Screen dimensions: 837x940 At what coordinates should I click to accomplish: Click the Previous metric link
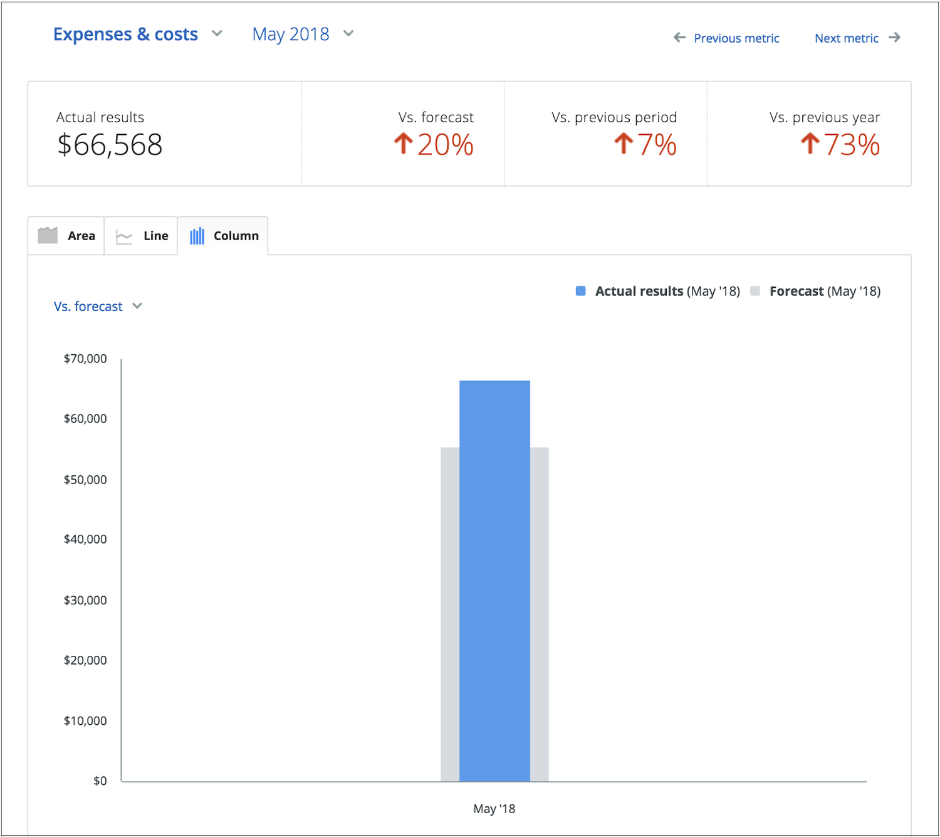736,38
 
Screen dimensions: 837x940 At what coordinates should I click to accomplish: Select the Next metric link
847,38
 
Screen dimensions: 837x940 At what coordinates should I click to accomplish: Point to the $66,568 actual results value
110,145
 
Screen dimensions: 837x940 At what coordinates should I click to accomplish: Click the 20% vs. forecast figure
445,145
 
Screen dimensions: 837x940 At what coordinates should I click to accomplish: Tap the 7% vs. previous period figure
657,145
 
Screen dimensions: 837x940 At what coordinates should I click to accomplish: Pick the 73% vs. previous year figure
852,145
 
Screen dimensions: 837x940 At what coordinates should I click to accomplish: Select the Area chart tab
66,236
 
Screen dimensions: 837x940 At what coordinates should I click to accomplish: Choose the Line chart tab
142,236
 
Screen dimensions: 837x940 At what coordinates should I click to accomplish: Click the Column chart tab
224,236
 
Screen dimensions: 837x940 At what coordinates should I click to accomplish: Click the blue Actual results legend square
580,291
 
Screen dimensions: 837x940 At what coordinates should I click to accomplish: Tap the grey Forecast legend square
755,291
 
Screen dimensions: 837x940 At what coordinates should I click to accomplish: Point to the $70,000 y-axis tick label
85,359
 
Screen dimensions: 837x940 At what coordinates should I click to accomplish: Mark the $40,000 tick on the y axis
85,539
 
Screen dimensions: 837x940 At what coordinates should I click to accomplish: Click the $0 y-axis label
100,781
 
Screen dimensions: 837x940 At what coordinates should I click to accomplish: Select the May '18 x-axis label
494,809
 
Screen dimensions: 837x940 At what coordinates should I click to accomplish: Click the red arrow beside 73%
810,144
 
